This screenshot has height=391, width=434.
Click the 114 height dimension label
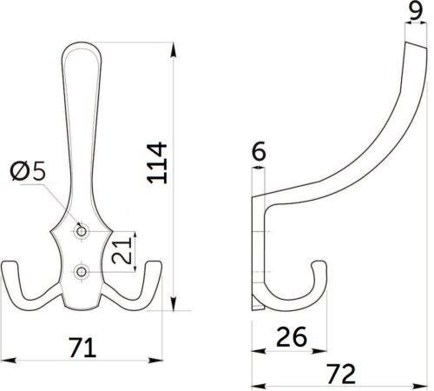point(157,162)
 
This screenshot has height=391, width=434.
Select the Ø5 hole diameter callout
point(28,171)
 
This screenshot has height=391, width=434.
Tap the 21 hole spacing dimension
point(122,250)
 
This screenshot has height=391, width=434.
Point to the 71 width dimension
point(82,348)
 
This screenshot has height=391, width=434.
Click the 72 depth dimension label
point(340,374)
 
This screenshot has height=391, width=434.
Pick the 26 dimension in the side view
point(292,336)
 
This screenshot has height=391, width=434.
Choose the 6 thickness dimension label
point(259,151)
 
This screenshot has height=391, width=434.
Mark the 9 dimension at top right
point(416,10)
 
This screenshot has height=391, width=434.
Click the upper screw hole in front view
point(82,231)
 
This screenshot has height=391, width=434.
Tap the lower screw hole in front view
point(82,272)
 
